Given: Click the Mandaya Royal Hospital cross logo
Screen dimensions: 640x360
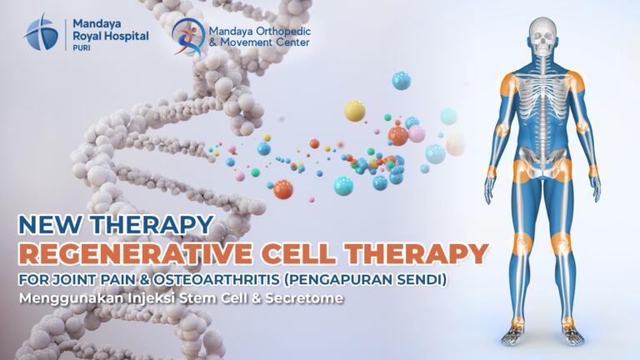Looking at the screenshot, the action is pos(40,32).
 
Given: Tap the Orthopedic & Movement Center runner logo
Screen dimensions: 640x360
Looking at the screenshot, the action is pos(188,37).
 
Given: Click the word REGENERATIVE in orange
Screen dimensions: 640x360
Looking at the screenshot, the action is pos(136,254).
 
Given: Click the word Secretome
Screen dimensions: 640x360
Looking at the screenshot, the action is pos(304,298).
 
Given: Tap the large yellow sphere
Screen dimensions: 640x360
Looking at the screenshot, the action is pos(355,111).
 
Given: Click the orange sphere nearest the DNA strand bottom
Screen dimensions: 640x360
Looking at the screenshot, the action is pos(282,189).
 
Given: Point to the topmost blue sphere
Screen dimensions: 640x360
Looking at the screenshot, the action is pos(401,80).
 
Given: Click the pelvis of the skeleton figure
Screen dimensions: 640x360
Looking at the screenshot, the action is pos(542,162).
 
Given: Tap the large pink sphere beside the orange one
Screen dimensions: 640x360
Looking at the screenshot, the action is pos(417,133).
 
